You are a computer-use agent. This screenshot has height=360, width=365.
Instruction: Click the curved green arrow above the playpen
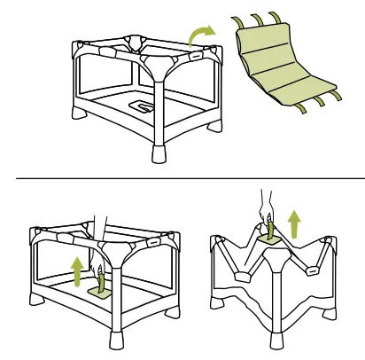(x=201, y=35)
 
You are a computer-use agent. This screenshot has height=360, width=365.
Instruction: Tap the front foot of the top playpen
(x=159, y=153)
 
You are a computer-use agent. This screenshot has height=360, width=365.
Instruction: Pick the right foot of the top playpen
(x=214, y=125)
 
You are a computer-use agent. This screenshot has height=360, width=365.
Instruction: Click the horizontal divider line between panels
(x=182, y=178)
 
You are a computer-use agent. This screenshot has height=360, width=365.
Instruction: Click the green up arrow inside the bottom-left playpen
(x=79, y=270)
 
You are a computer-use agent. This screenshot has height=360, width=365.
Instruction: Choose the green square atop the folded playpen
(x=270, y=239)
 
